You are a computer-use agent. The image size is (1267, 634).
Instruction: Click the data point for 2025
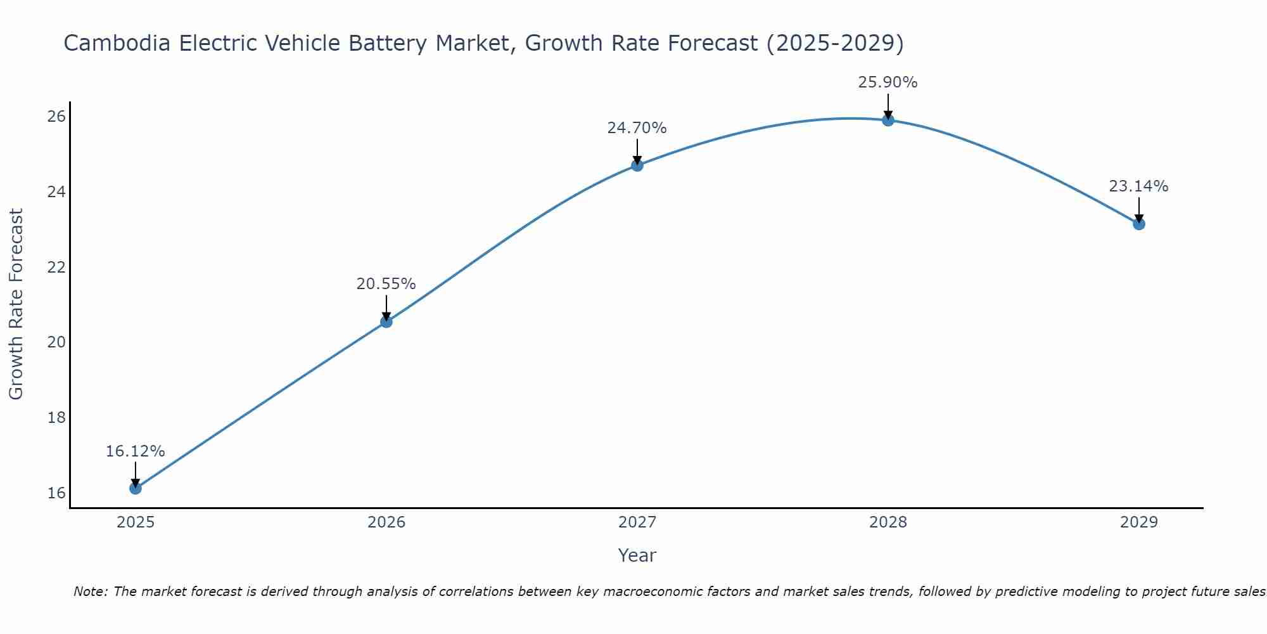click(x=135, y=488)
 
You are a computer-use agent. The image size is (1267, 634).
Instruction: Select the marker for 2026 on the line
click(x=386, y=321)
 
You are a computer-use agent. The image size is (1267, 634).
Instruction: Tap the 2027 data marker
click(x=637, y=165)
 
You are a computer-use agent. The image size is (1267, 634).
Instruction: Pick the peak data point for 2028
click(x=888, y=120)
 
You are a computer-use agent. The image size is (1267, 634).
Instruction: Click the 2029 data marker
click(x=1138, y=224)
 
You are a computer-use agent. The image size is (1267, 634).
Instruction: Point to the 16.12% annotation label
click(x=135, y=451)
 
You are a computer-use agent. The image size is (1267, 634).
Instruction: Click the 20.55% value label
click(x=386, y=284)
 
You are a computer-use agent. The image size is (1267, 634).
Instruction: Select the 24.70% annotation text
click(x=637, y=128)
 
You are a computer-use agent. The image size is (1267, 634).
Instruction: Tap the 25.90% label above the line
click(x=888, y=82)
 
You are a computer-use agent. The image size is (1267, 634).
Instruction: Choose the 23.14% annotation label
click(x=1138, y=186)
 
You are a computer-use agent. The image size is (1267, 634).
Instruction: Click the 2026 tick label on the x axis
click(x=386, y=522)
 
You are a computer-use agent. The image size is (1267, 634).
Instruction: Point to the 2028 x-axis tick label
click(x=888, y=522)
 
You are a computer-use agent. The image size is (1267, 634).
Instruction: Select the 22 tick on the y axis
click(x=56, y=267)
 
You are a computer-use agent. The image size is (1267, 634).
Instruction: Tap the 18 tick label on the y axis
click(x=56, y=417)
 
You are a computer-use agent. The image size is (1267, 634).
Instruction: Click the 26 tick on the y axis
click(x=56, y=116)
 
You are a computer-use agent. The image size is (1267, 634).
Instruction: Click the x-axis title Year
click(x=637, y=555)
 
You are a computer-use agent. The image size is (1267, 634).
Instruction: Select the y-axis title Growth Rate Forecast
click(x=16, y=304)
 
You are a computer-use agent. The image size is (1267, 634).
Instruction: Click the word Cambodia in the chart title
click(x=117, y=44)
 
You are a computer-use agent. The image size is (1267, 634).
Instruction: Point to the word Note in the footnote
click(x=91, y=592)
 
